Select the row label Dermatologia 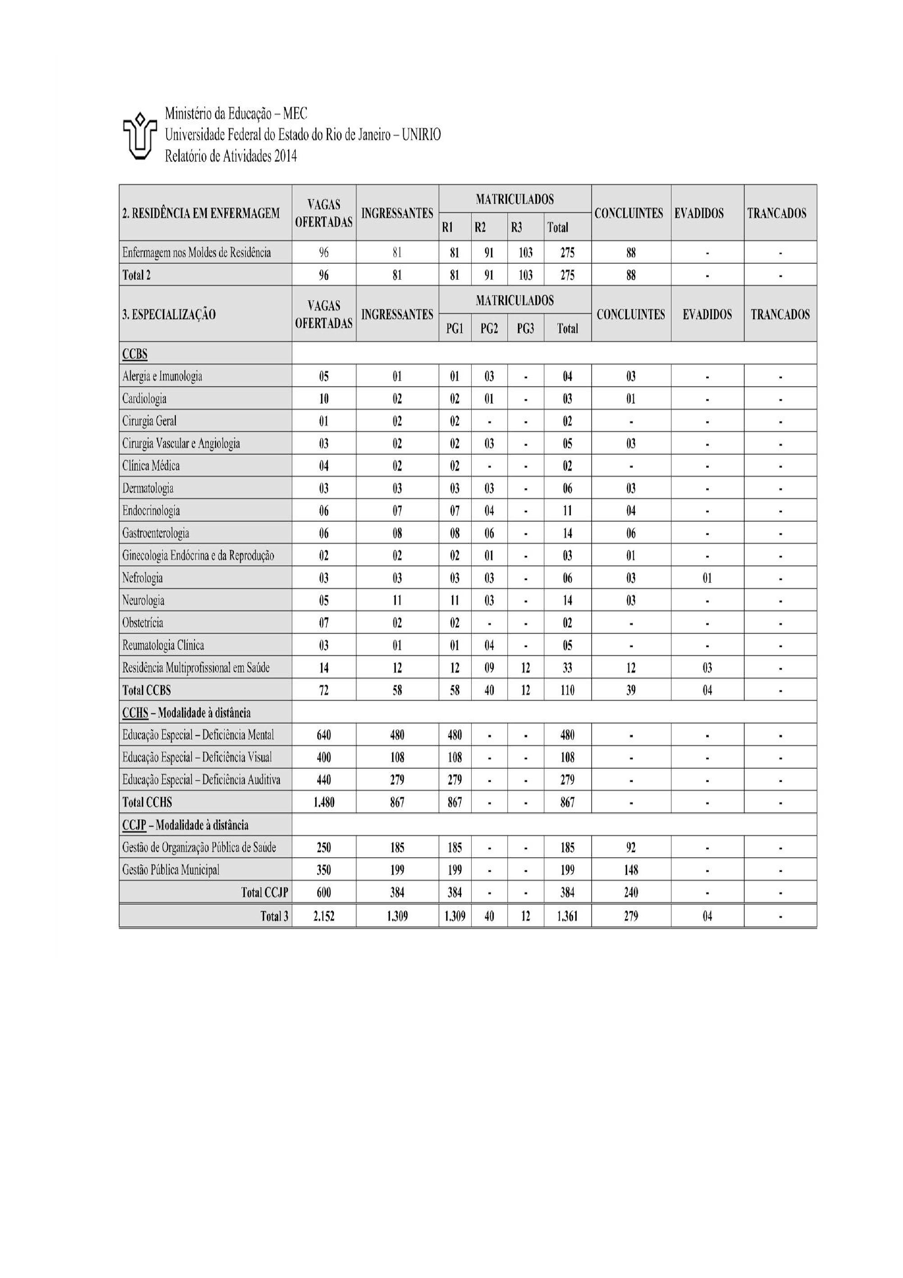tap(148, 489)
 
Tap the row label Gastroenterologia tap(156, 533)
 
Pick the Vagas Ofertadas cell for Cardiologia tap(324, 399)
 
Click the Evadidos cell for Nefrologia tap(707, 578)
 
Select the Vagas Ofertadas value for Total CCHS tap(324, 803)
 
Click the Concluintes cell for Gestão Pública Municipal tap(631, 870)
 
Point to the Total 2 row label tap(136, 275)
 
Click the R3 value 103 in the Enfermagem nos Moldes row tap(525, 253)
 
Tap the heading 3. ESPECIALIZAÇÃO tap(169, 314)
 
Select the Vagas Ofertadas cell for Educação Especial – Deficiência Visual tap(324, 757)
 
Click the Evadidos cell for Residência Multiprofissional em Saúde tap(707, 668)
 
